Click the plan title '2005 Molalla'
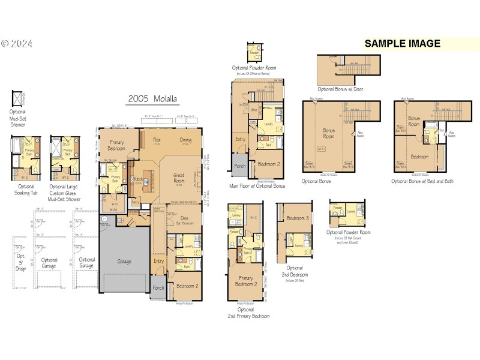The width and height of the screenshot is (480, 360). point(152,99)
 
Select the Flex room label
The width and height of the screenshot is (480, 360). point(156,139)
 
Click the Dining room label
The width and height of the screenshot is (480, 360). point(186,139)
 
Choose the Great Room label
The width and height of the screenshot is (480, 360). point(179,178)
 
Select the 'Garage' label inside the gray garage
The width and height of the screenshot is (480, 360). point(125,262)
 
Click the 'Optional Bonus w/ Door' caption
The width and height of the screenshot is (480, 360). point(340,89)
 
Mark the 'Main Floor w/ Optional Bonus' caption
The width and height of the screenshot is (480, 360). point(257,186)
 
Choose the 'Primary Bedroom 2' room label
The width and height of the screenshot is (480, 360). point(247,282)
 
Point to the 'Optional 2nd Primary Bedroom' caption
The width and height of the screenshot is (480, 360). point(248,312)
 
